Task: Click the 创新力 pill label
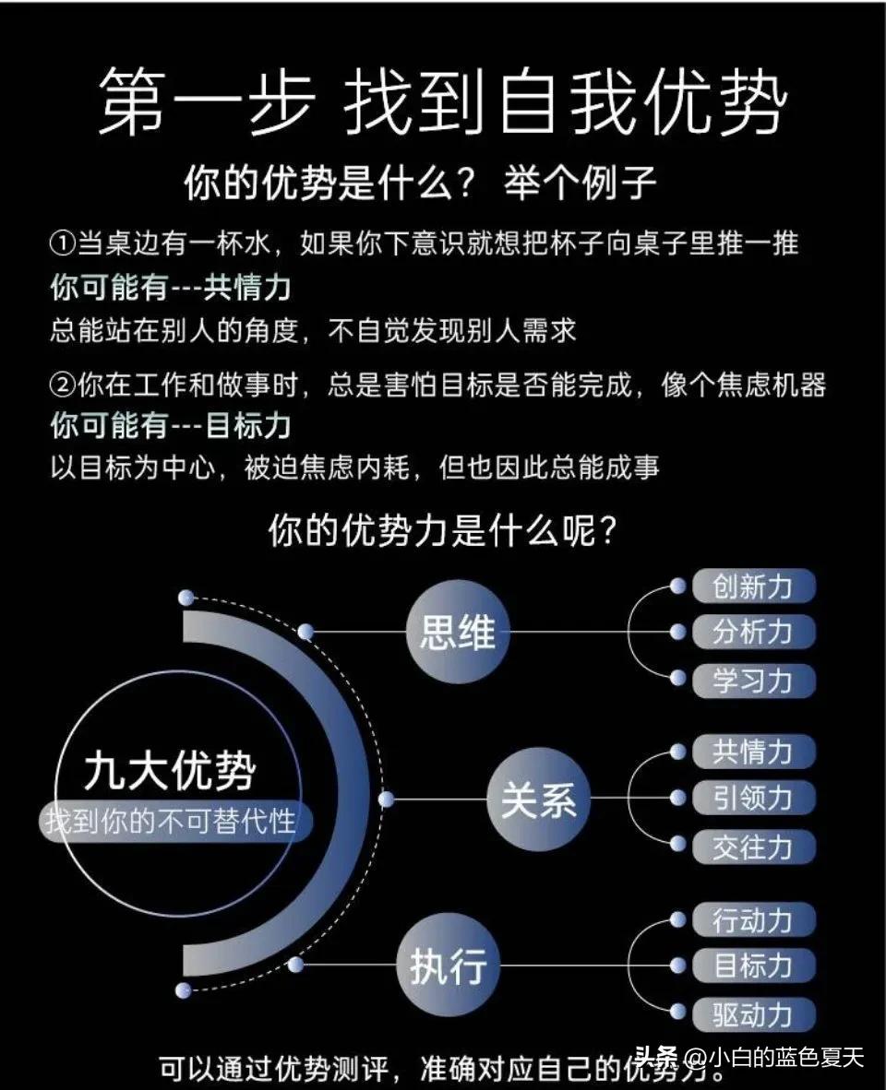point(753,586)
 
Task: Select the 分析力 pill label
point(753,633)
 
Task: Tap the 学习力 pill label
point(753,681)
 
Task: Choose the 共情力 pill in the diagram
point(753,752)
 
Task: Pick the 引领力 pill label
point(753,798)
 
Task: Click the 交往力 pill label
point(753,847)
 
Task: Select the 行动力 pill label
point(753,919)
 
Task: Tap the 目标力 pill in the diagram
point(753,966)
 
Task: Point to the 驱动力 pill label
point(753,1014)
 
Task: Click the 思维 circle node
point(458,633)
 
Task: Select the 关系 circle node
point(538,799)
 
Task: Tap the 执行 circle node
point(448,966)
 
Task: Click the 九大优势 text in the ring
point(170,771)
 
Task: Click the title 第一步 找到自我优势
point(442,101)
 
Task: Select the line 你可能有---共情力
point(170,288)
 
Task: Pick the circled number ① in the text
point(61,244)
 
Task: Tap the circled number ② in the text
point(61,385)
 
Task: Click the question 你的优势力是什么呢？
point(442,530)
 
